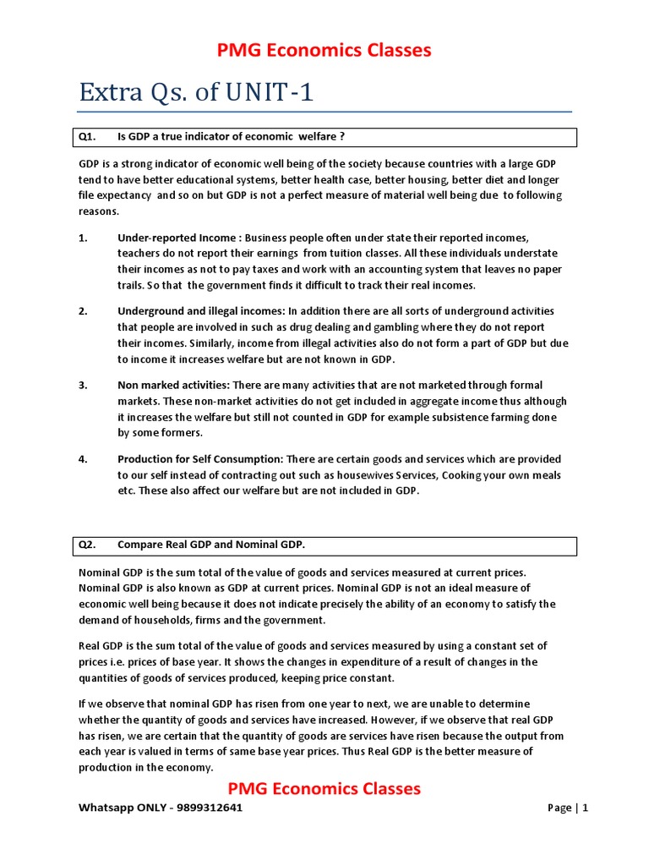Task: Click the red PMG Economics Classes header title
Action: (325, 51)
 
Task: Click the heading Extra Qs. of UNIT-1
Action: (196, 91)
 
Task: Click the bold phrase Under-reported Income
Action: (177, 238)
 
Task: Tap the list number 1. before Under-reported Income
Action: (84, 238)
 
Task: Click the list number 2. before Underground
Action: (84, 311)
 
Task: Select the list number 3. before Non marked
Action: (84, 386)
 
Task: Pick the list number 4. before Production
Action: (84, 459)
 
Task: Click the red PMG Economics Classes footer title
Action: (325, 789)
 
